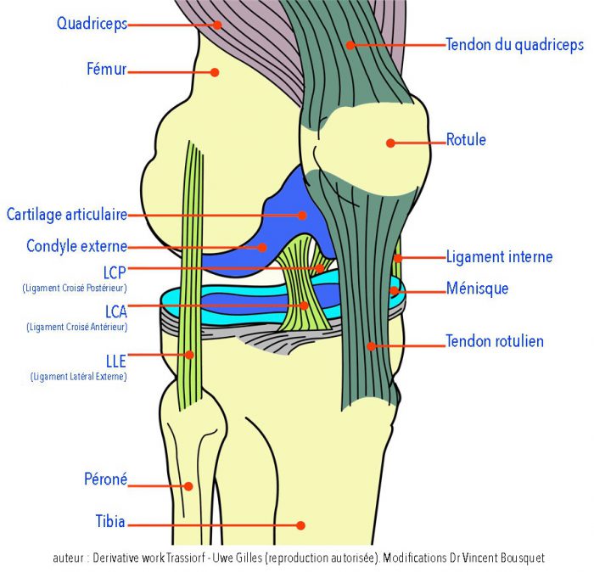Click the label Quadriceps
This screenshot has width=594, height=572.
click(x=92, y=24)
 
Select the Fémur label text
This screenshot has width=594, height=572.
click(x=106, y=70)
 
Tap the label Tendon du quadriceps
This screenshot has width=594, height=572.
click(x=514, y=45)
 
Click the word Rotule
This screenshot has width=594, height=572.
click(x=466, y=140)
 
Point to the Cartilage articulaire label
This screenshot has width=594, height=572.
click(x=66, y=215)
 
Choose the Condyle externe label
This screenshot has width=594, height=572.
click(x=76, y=247)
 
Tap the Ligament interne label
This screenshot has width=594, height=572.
click(x=499, y=256)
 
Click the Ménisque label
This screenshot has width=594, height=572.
click(x=477, y=289)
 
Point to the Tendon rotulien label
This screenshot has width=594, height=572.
click(x=495, y=341)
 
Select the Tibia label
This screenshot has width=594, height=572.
click(x=110, y=522)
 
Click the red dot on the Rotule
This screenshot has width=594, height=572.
click(x=390, y=143)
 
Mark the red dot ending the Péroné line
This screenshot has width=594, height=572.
click(x=189, y=486)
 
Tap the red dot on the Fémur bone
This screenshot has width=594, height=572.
click(x=215, y=72)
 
